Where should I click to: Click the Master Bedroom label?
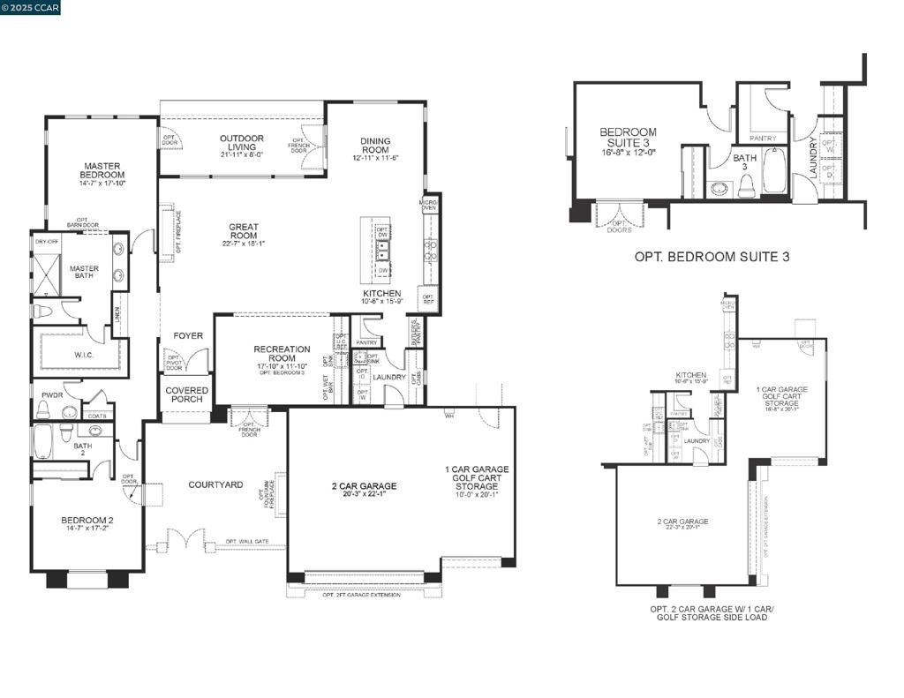click(x=102, y=171)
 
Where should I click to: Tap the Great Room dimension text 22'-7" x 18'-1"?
click(x=244, y=244)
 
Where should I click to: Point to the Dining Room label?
click(x=376, y=146)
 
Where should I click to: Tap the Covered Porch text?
click(x=187, y=394)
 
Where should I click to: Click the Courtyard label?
click(x=215, y=484)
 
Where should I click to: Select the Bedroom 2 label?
click(x=87, y=520)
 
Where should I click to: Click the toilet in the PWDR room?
click(x=43, y=409)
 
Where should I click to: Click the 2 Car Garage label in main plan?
click(x=364, y=486)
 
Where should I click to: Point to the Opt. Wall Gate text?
click(x=247, y=542)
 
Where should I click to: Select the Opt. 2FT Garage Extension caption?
click(x=361, y=595)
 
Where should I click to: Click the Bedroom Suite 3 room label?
click(x=628, y=137)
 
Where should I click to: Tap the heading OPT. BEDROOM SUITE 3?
click(x=712, y=257)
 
